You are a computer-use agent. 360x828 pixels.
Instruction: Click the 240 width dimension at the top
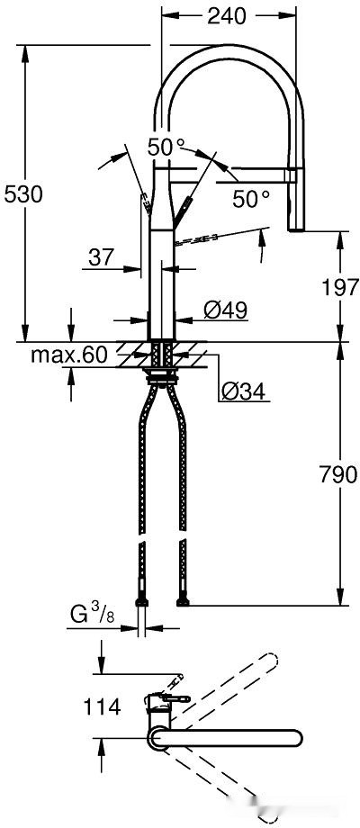(227, 14)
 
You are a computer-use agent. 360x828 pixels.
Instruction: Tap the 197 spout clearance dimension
(338, 288)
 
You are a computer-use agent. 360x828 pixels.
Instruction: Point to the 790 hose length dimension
(338, 474)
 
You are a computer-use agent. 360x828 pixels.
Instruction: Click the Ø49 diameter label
(225, 310)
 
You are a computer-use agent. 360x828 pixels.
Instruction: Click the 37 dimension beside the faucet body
(102, 257)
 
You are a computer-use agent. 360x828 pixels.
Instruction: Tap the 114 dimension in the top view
(102, 706)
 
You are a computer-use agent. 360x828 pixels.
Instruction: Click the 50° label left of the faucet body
(166, 147)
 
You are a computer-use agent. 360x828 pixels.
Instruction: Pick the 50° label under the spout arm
(251, 198)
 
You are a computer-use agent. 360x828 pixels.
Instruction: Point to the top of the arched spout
(229, 58)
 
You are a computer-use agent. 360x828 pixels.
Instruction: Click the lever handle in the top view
(173, 698)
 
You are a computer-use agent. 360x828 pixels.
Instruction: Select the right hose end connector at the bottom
(184, 601)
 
